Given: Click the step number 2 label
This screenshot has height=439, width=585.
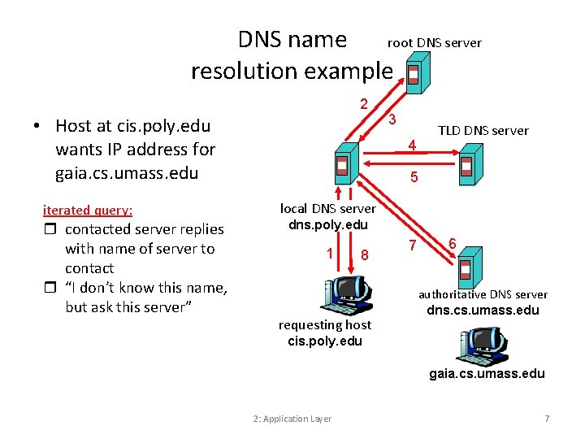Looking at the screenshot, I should [364, 103].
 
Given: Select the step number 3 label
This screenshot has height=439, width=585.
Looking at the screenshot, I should [392, 120].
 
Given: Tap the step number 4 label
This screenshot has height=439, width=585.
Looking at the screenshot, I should [412, 146].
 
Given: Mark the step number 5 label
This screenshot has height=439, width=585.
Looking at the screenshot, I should [414, 176].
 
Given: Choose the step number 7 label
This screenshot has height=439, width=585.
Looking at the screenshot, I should [412, 246].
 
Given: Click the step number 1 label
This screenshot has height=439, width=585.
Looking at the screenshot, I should [329, 253].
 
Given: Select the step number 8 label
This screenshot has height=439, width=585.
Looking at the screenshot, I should [365, 254].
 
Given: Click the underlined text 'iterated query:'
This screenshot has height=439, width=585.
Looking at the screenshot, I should [87, 210].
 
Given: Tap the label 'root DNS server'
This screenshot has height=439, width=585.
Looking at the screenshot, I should [434, 42].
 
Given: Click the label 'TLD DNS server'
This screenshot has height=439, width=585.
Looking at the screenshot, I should [483, 130].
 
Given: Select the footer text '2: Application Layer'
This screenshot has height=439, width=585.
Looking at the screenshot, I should [292, 419].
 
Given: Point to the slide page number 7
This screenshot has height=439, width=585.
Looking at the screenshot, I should [547, 419].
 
